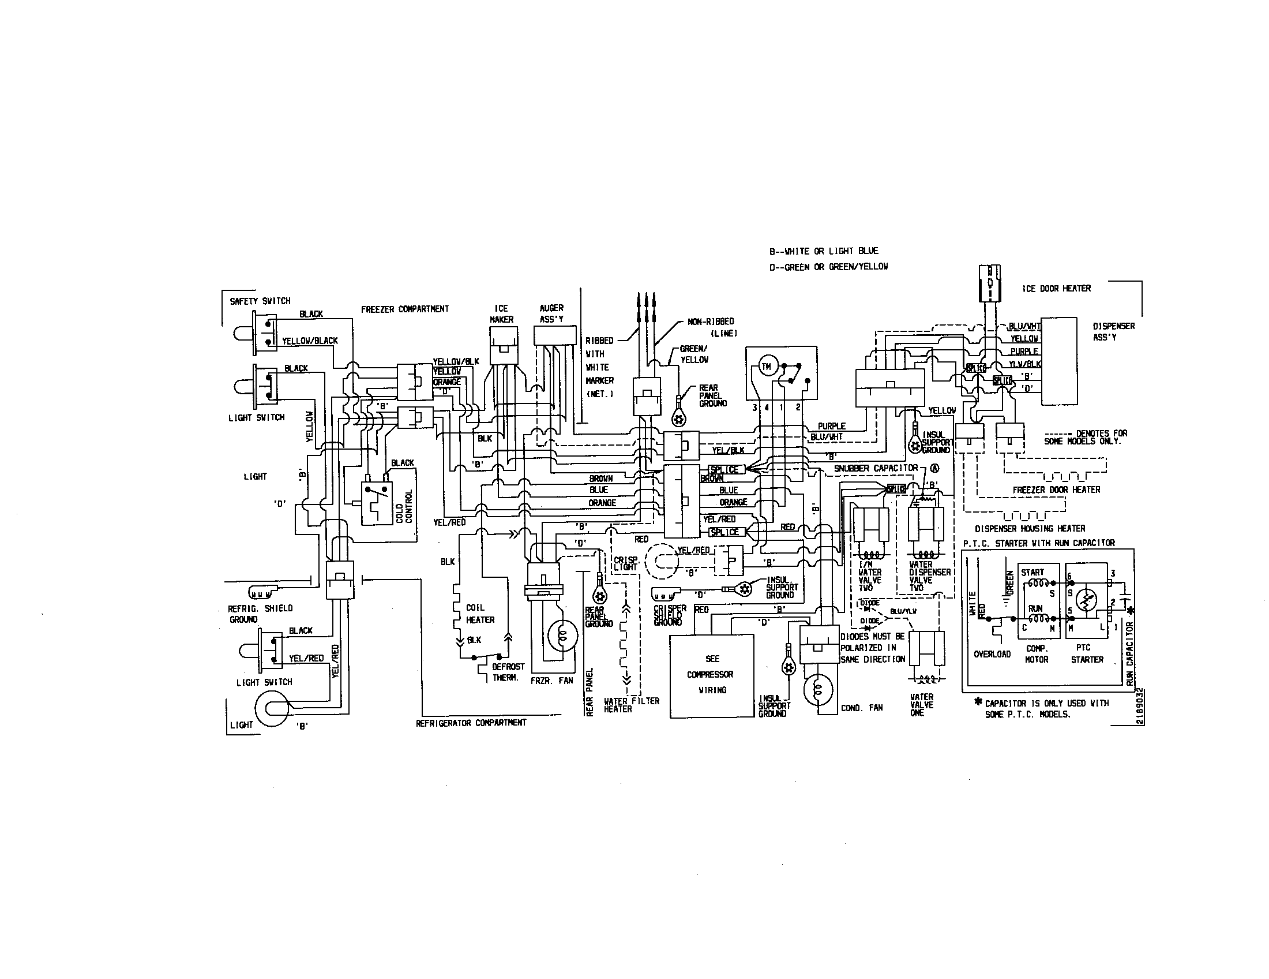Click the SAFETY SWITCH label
coord(260,301)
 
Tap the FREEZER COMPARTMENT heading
coord(404,309)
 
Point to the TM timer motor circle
coord(766,367)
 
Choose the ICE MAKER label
coord(501,314)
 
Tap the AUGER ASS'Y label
coord(551,314)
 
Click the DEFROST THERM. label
coord(508,672)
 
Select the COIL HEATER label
coord(480,614)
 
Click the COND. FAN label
coord(862,708)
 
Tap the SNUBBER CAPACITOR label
coord(876,468)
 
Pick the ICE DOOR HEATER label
coord(1056,289)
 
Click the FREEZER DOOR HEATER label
coord(1056,490)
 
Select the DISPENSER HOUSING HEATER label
coord(1030,528)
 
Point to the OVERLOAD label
coord(992,654)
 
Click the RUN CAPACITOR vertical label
coord(1129,654)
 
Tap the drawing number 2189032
coord(1140,707)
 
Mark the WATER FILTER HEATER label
coord(631,705)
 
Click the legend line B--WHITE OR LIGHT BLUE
coord(823,251)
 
